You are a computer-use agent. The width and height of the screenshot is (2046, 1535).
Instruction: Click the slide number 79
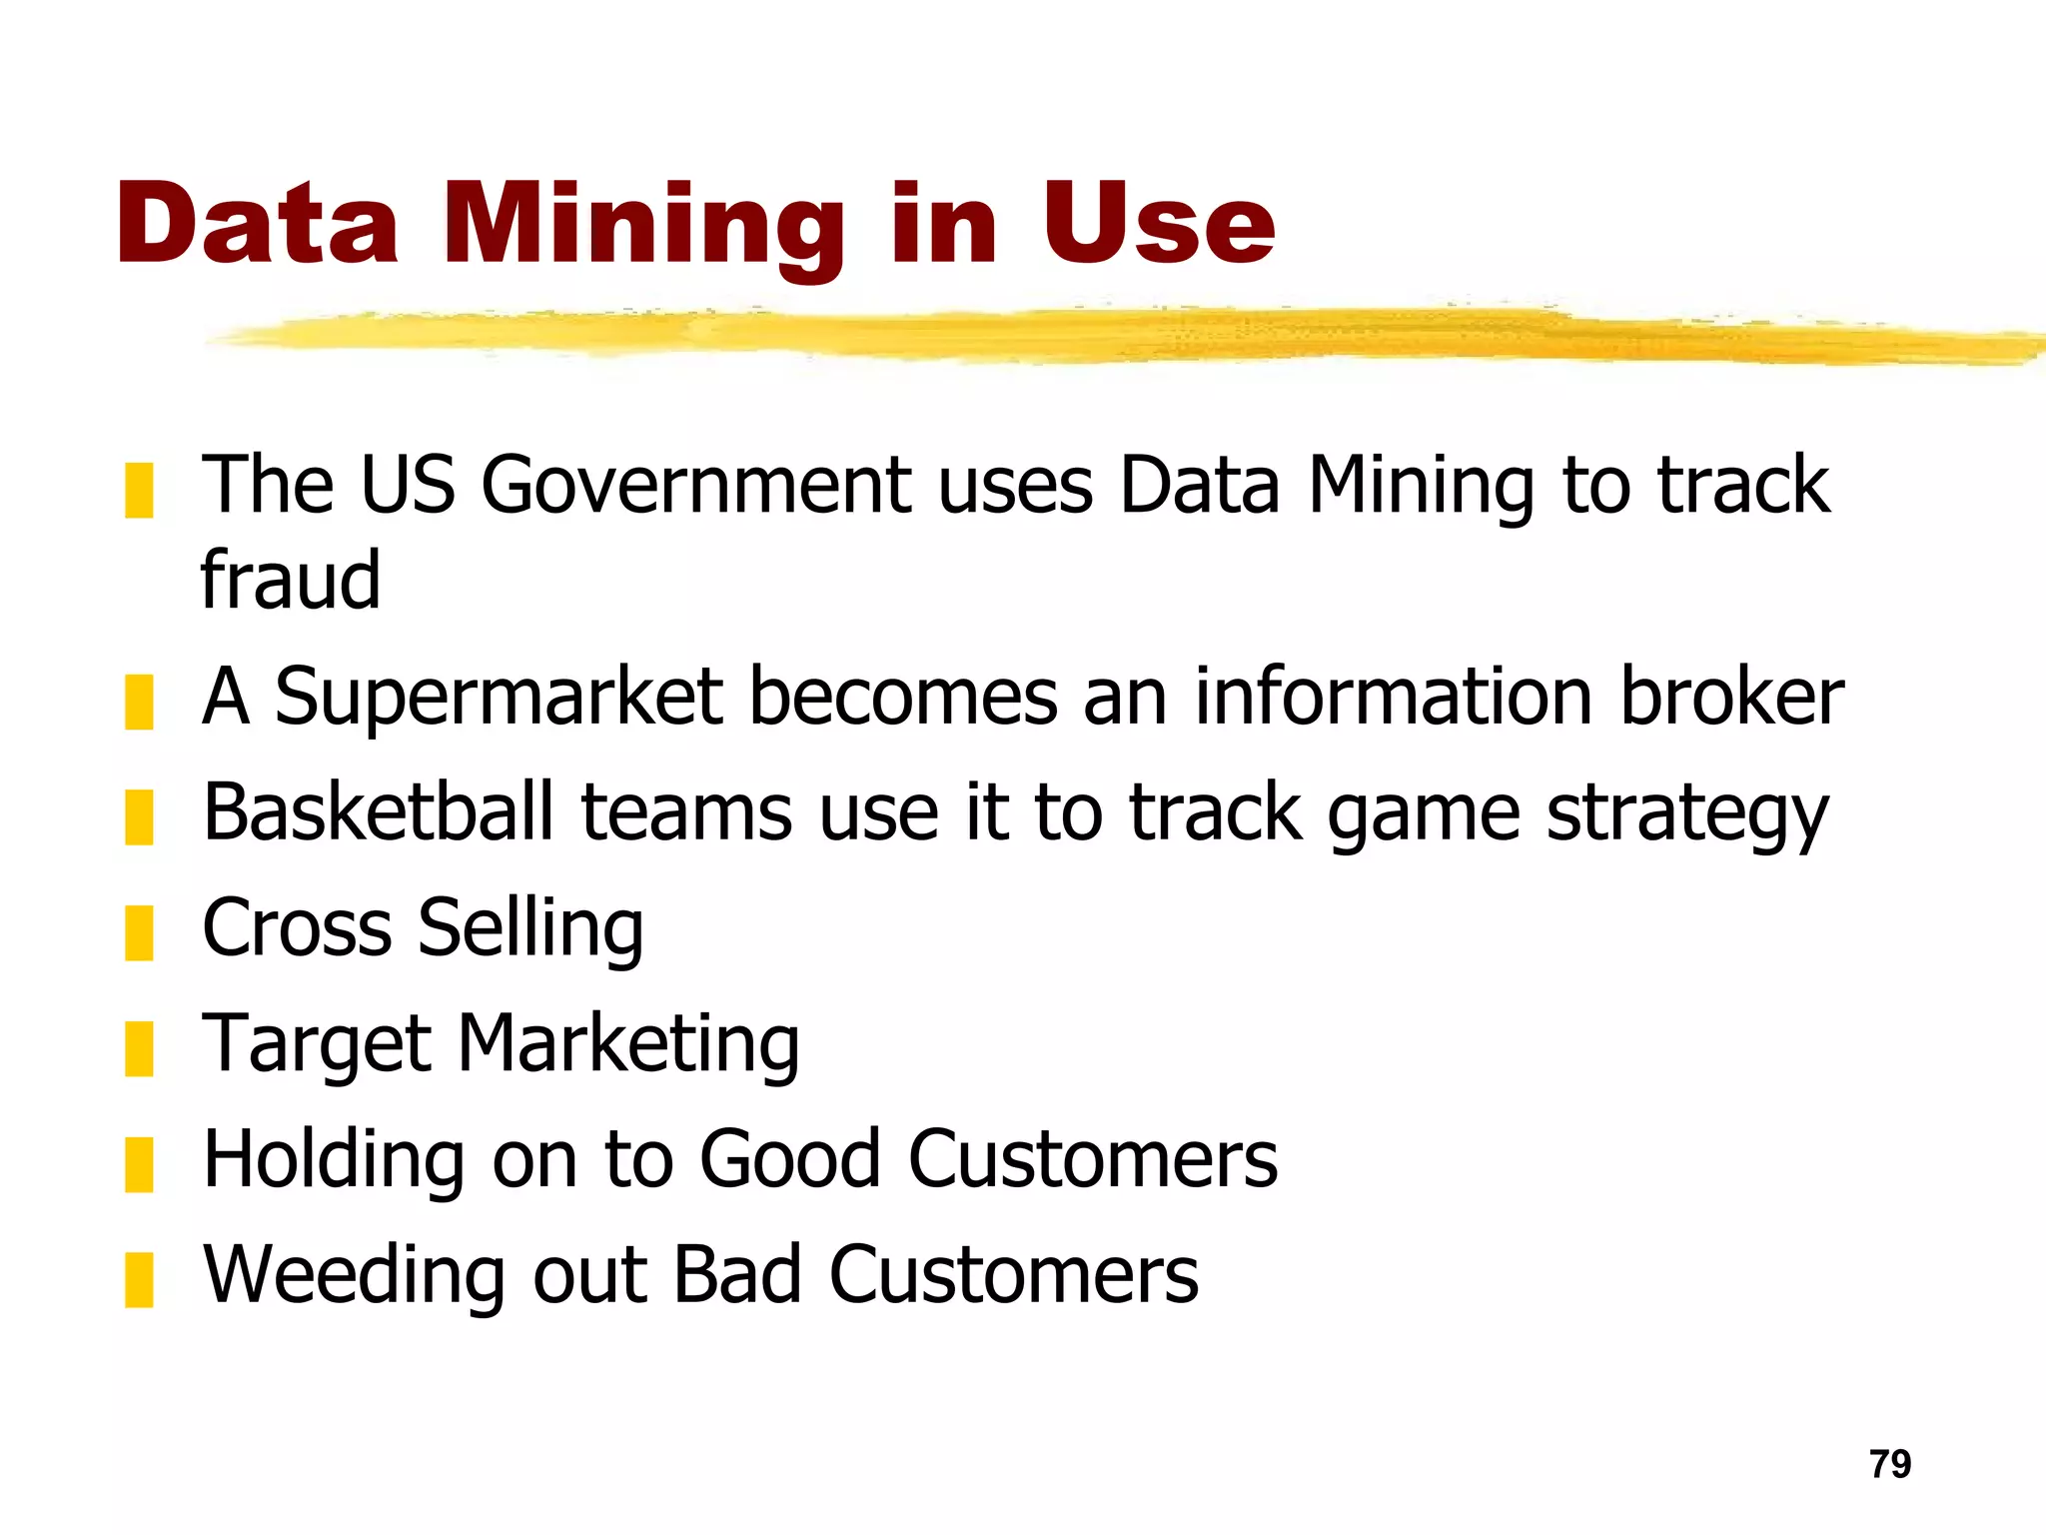1890,1464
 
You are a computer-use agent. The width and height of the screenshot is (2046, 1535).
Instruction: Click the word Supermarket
499,698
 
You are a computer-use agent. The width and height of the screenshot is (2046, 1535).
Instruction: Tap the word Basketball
378,811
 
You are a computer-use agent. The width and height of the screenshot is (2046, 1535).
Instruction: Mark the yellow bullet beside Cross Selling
139,932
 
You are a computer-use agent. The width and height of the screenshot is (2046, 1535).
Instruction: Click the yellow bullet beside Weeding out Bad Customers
139,1279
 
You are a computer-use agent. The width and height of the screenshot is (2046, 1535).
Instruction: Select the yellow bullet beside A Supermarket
139,702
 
